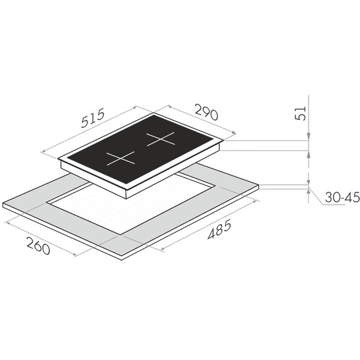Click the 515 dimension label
coord(93,118)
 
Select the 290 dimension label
coord(206,112)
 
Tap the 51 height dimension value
coord(301,113)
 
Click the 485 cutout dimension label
coord(219,229)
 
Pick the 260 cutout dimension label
coord(38,245)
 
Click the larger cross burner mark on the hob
coord(161,139)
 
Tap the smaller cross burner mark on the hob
coord(121,158)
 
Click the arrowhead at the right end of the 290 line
coord(233,133)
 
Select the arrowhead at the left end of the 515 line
coord(44,151)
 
